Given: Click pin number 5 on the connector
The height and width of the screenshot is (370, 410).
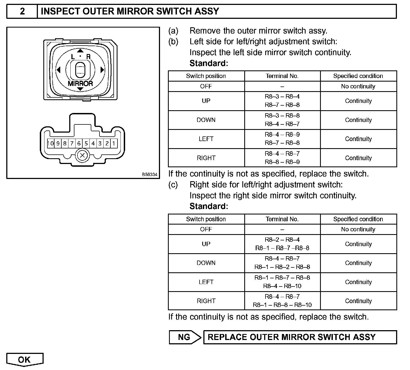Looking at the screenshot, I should pyautogui.click(x=86, y=143).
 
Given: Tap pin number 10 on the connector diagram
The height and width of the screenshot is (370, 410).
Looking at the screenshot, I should pyautogui.click(x=51, y=143).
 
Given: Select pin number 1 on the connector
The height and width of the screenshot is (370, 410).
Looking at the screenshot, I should pyautogui.click(x=114, y=143).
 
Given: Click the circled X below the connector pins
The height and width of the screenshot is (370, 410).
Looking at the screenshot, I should pyautogui.click(x=82, y=156).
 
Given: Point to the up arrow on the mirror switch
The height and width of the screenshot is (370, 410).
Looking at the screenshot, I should pyautogui.click(x=80, y=51).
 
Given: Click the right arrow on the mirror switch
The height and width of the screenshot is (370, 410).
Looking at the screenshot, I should pyautogui.click(x=102, y=70).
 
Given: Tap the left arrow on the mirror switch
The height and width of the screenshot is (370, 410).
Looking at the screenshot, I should pyautogui.click(x=58, y=70).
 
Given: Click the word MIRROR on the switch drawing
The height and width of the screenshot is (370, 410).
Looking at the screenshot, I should pyautogui.click(x=80, y=83).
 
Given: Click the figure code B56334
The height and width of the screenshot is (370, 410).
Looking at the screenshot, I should pyautogui.click(x=149, y=174).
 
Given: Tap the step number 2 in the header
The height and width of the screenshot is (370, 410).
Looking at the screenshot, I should pyautogui.click(x=22, y=11).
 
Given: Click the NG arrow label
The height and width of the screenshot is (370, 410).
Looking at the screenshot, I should pyautogui.click(x=185, y=337).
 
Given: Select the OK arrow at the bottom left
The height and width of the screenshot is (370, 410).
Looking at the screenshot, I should pyautogui.click(x=25, y=360).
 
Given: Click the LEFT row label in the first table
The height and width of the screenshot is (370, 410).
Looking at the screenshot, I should pyautogui.click(x=206, y=139).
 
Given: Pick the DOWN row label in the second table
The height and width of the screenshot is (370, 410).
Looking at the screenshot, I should pyautogui.click(x=206, y=263).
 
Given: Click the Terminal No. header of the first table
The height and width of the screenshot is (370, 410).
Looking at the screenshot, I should pyautogui.click(x=282, y=76).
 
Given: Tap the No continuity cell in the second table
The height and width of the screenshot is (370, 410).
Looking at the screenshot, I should pyautogui.click(x=358, y=229).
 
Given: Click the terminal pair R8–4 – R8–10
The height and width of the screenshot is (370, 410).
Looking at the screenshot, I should pyautogui.click(x=282, y=286).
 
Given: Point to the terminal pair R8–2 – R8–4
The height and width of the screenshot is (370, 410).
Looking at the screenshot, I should pyautogui.click(x=282, y=240).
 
